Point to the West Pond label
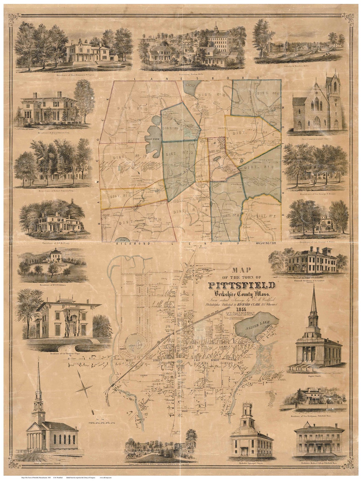point(152,139)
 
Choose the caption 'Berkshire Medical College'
point(318,469)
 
